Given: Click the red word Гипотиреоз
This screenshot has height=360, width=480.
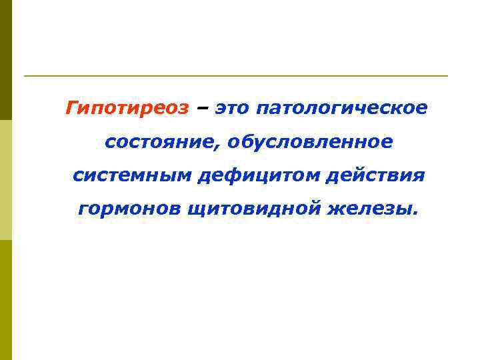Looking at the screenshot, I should click(x=127, y=108).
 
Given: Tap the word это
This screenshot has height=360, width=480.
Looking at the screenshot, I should click(x=231, y=108).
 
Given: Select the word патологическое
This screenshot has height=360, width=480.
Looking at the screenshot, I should click(x=342, y=108).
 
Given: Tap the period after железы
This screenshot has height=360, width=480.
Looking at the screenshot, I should click(x=417, y=214).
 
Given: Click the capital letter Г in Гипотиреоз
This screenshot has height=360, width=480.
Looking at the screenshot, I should click(x=71, y=108).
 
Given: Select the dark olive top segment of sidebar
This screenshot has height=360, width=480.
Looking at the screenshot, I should click(x=6, y=60).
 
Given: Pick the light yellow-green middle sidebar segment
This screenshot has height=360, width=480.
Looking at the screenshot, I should click(x=6, y=180).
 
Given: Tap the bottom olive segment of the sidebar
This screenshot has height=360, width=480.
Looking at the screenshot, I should click(x=6, y=300).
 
